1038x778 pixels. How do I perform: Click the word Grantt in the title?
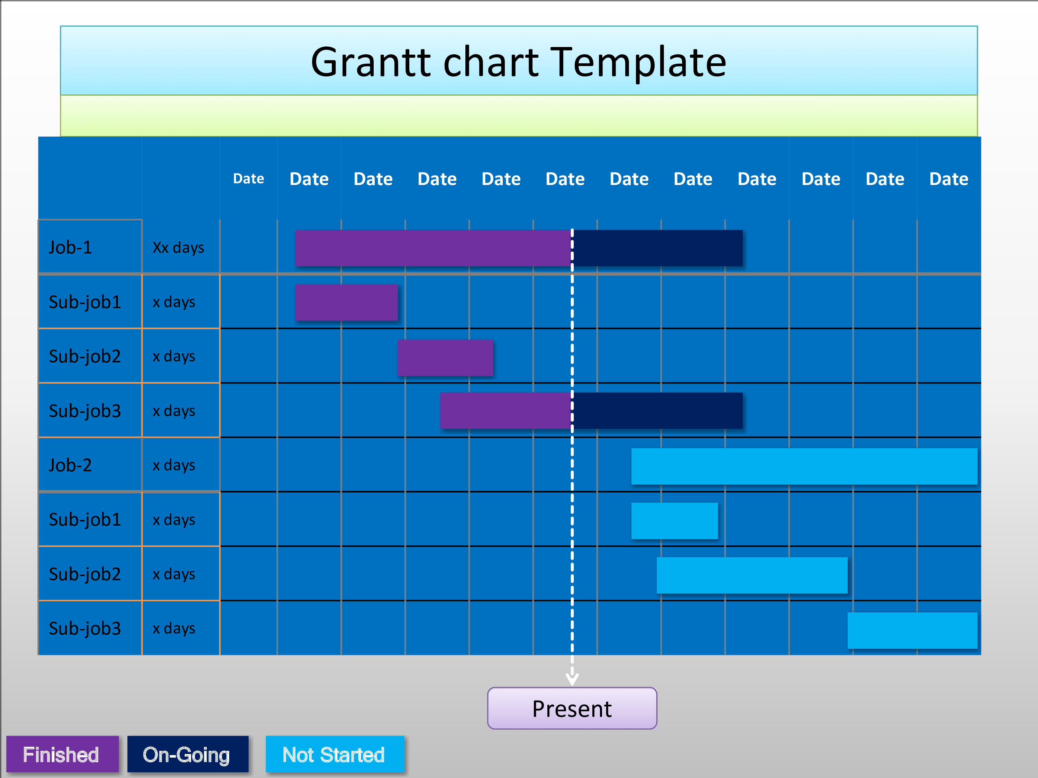point(371,62)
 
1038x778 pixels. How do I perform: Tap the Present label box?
point(572,708)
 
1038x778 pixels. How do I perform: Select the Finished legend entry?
point(62,754)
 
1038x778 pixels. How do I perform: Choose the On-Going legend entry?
point(188,754)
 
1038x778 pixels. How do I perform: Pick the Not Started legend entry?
point(335,754)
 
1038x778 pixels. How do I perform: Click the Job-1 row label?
point(70,247)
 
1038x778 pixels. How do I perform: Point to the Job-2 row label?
point(70,465)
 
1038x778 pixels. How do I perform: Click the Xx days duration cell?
point(178,247)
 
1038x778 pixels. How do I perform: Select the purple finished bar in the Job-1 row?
point(434,248)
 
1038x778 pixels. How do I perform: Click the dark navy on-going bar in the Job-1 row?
point(657,248)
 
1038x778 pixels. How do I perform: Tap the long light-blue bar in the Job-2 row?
point(804,466)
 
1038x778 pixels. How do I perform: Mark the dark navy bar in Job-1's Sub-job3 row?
point(657,411)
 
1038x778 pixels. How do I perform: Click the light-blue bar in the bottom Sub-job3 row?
point(912,630)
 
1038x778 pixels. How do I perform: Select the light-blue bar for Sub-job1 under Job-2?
point(674,520)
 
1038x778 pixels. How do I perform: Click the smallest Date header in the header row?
point(249,179)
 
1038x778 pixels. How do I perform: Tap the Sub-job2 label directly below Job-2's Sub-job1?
point(85,574)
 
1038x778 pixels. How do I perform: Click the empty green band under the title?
point(519,116)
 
